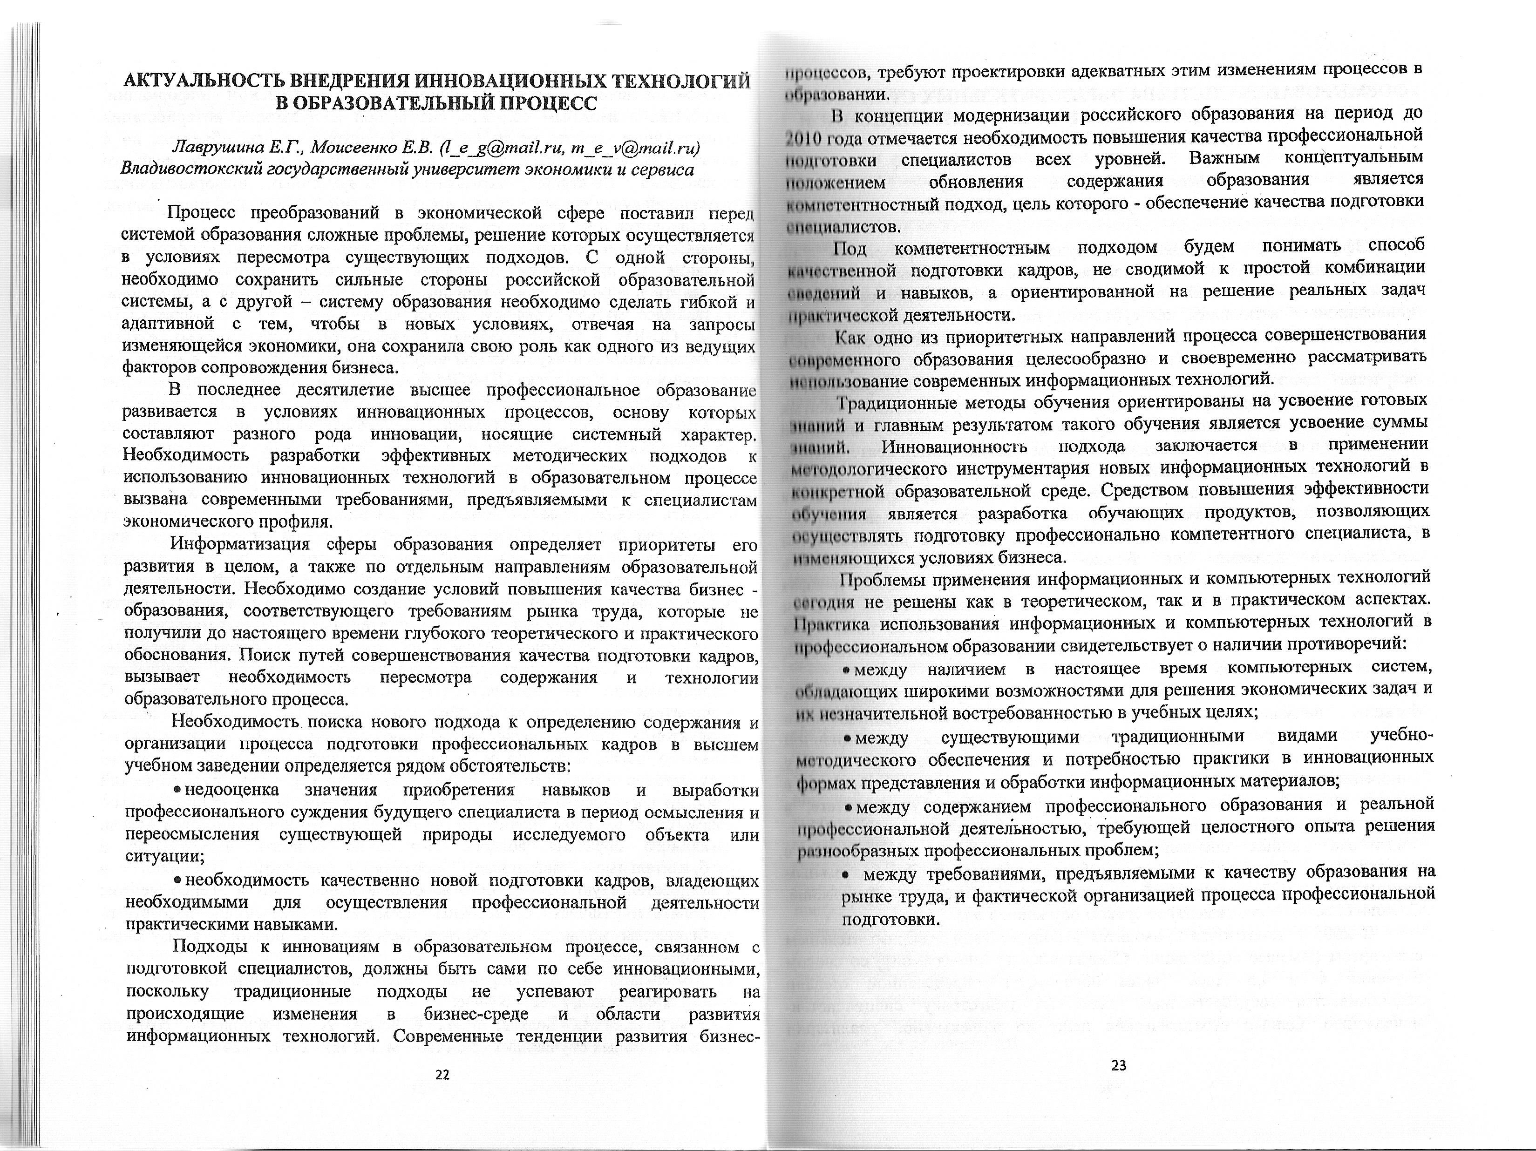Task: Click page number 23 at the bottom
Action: [x=1119, y=1066]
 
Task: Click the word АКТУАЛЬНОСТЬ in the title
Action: [x=204, y=81]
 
